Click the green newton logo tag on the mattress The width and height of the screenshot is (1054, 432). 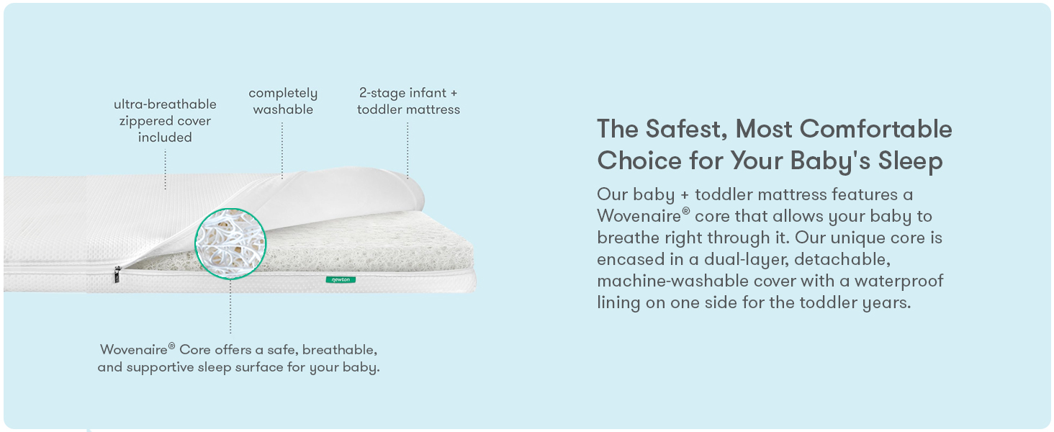[341, 279]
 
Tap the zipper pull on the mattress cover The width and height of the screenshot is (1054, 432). [117, 274]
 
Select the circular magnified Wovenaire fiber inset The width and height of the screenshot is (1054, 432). [230, 244]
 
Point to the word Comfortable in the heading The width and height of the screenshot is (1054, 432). [875, 129]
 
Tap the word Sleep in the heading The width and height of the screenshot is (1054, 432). [910, 161]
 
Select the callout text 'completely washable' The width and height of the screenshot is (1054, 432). [283, 102]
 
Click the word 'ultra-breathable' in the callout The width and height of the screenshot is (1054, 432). [165, 104]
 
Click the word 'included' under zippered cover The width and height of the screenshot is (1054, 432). [165, 138]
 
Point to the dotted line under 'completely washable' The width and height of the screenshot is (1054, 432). [282, 150]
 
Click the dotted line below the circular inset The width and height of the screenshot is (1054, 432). [230, 307]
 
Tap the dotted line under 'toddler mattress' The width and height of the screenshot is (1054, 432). [407, 150]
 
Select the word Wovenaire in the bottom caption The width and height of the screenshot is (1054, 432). [134, 350]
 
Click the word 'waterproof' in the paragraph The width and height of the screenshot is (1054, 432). [898, 281]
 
